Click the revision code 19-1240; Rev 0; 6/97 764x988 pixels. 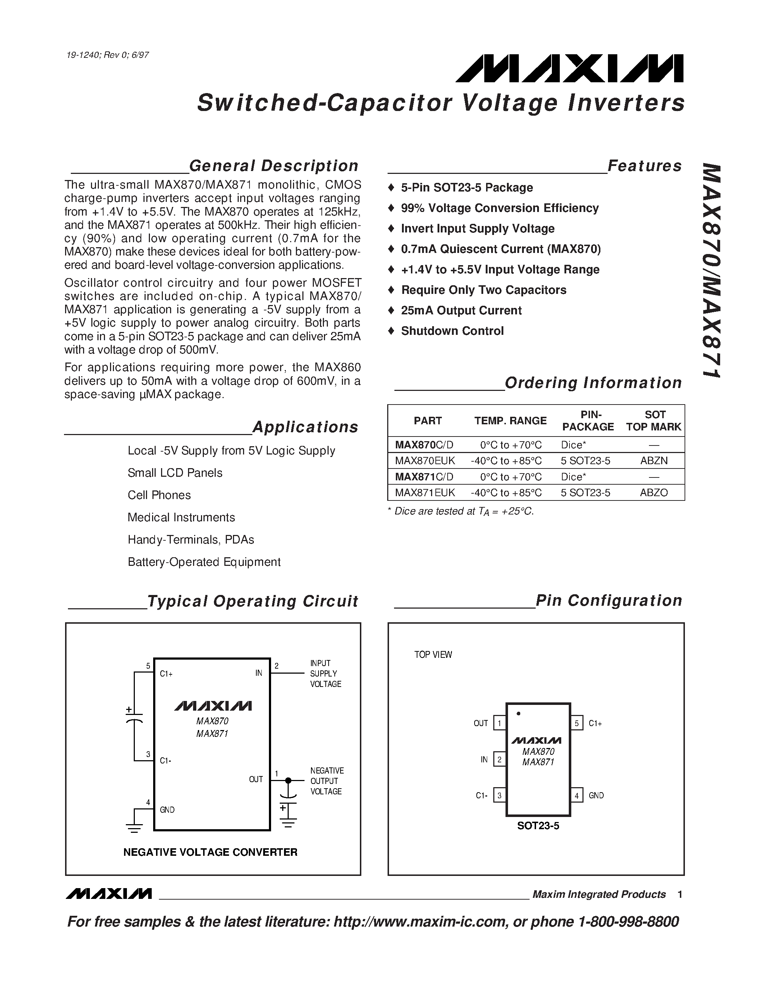pyautogui.click(x=107, y=55)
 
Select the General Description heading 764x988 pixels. pyautogui.click(x=273, y=166)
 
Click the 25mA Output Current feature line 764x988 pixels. pyautogui.click(x=461, y=310)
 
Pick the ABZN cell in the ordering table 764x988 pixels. pyautogui.click(x=654, y=461)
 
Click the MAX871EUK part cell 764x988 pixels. pyautogui.click(x=425, y=492)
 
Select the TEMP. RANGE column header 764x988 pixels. pyautogui.click(x=510, y=421)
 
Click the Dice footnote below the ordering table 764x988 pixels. pyautogui.click(x=461, y=511)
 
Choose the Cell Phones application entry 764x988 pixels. pyautogui.click(x=159, y=495)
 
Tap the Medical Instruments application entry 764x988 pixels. pyautogui.click(x=181, y=517)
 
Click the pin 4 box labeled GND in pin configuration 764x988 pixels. pyautogui.click(x=576, y=795)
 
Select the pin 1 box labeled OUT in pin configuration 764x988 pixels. pyautogui.click(x=499, y=723)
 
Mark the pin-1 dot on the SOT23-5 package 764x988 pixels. pyautogui.click(x=518, y=714)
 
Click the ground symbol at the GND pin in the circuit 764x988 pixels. pyautogui.click(x=134, y=827)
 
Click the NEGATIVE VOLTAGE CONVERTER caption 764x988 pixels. pyautogui.click(x=210, y=852)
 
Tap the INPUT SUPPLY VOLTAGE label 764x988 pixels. pyautogui.click(x=325, y=674)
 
